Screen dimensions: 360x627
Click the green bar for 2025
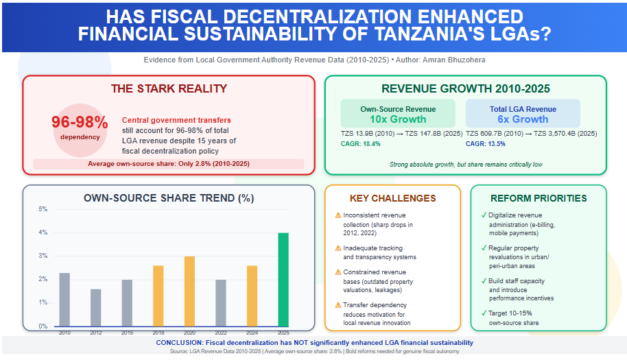(x=283, y=279)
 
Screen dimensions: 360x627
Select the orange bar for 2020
(x=189, y=291)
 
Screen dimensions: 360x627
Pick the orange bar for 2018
(x=158, y=296)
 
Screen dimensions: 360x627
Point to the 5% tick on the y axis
(x=43, y=209)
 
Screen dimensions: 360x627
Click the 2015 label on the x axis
(x=127, y=333)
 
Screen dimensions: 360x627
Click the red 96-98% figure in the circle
(x=80, y=122)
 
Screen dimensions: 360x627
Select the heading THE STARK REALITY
(x=169, y=89)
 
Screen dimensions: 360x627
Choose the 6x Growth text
(x=523, y=119)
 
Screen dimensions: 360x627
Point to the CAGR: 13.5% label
(x=486, y=144)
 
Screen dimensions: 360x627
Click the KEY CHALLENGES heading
(x=392, y=199)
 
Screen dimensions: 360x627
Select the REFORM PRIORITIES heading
(x=539, y=199)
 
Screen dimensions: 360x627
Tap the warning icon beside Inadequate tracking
(x=338, y=248)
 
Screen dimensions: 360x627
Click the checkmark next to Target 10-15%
(x=484, y=313)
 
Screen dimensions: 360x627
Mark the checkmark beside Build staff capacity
(x=484, y=280)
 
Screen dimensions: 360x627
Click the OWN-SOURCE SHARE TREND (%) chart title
(x=169, y=199)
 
